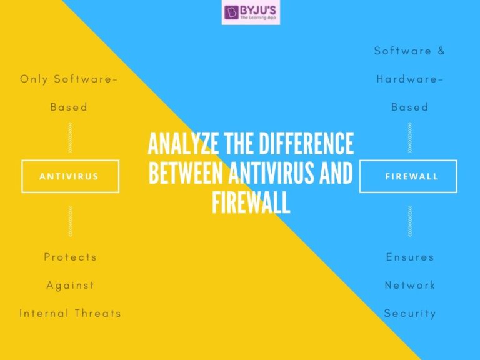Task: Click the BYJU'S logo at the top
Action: pos(251,13)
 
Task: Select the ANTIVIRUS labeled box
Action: pos(69,176)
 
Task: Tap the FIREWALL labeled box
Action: pos(409,176)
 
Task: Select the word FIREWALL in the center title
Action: pos(251,202)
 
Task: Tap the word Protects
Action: pos(70,257)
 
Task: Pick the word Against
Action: pos(70,285)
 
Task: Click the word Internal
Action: pos(45,313)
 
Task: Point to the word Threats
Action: pos(97,313)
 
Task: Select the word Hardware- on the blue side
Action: pos(409,79)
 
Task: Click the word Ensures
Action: pos(409,257)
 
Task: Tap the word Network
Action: pos(409,285)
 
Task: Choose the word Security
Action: pos(409,313)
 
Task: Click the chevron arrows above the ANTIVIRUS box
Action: pos(70,137)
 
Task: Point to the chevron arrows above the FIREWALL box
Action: pos(409,137)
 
